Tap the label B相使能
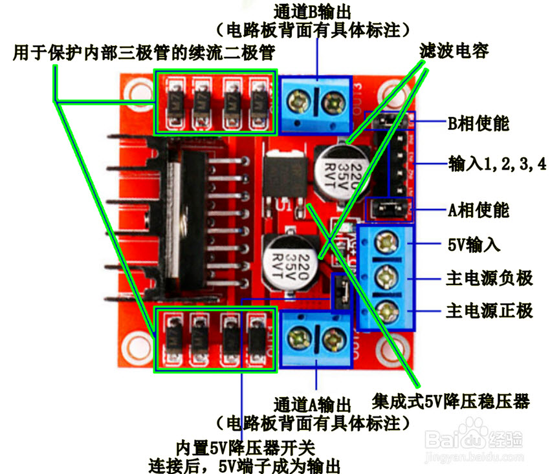point(478,122)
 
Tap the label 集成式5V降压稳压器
point(450,402)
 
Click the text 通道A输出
point(313,405)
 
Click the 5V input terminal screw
point(386,243)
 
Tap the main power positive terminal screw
point(386,309)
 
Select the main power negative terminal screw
point(386,277)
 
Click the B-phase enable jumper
point(388,122)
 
